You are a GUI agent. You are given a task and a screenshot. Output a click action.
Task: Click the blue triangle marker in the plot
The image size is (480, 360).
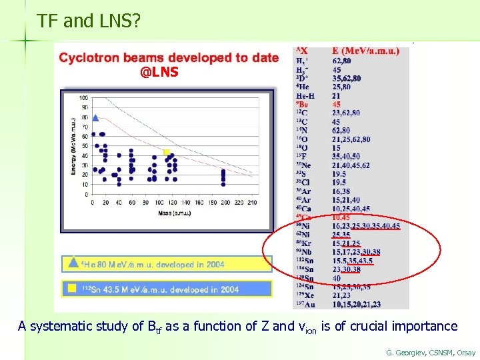(x=95, y=118)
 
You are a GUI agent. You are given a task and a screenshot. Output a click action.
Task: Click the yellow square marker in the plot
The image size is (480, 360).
(x=167, y=153)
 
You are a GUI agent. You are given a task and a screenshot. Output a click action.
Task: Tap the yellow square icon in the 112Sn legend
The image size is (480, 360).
(x=73, y=289)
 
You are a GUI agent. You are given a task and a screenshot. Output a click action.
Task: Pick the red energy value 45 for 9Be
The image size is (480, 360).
(x=337, y=105)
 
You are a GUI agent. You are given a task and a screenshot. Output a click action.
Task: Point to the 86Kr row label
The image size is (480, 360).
(x=305, y=243)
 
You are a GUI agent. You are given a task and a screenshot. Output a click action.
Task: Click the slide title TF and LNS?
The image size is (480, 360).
(x=89, y=21)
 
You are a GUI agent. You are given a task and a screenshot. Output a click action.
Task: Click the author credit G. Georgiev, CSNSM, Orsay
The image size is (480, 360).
(x=430, y=352)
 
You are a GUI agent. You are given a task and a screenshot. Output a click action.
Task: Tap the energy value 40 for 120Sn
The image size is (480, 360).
(x=337, y=278)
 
